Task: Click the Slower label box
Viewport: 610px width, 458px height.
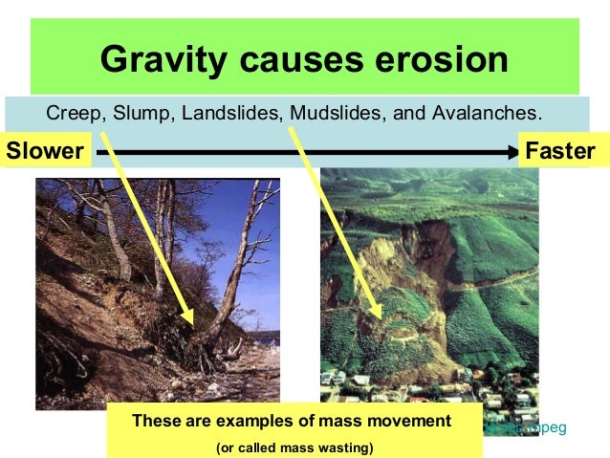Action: [x=44, y=151]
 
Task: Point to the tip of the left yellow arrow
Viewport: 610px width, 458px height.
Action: [x=195, y=324]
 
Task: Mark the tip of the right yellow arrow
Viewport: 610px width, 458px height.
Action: [x=381, y=316]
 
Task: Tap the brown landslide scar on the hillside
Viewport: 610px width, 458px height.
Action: [x=402, y=277]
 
